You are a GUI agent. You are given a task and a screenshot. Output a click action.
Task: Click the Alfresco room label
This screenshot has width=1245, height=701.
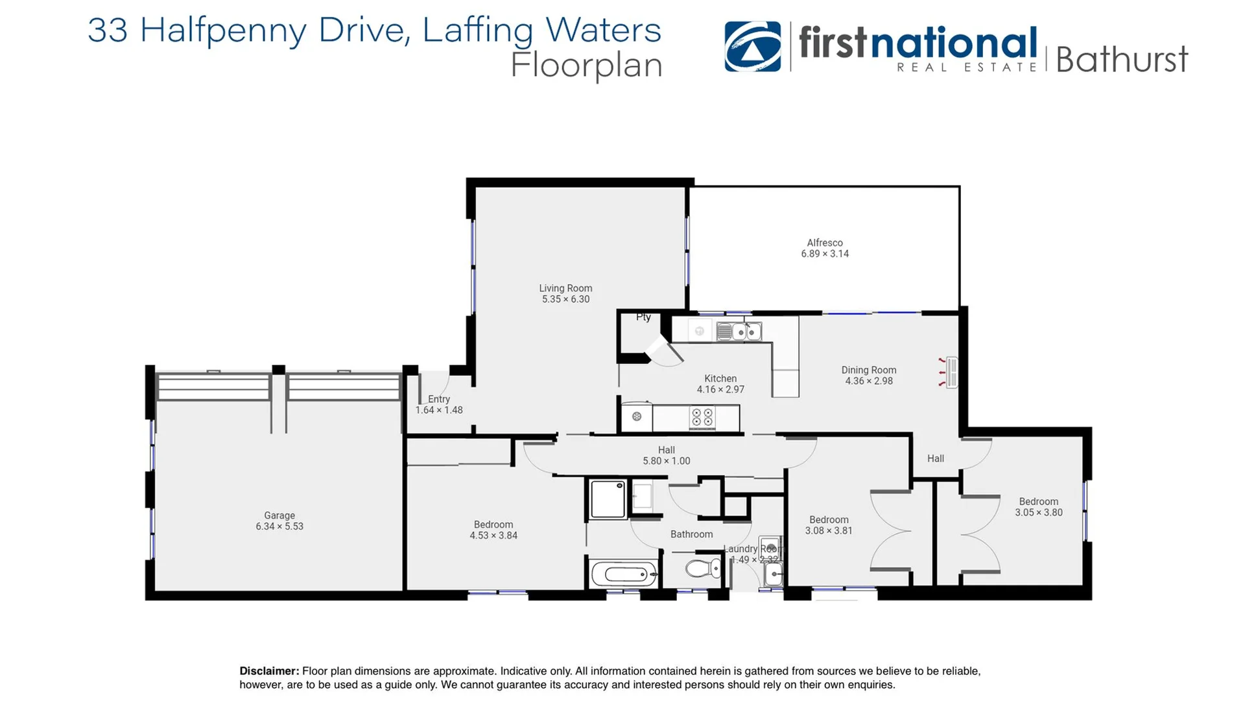coord(824,243)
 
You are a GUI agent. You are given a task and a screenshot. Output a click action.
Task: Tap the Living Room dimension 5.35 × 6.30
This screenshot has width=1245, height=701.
coord(565,299)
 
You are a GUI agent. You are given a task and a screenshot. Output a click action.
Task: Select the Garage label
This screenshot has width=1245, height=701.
coord(279,515)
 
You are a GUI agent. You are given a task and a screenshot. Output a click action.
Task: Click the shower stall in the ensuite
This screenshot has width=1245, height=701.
coord(608,499)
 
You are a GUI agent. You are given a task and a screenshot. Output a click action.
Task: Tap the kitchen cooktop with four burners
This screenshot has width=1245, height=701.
coord(702,417)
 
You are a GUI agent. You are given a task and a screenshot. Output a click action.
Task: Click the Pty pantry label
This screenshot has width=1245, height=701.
coord(643,317)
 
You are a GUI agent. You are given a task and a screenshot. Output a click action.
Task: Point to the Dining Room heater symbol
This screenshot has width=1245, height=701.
coord(951,373)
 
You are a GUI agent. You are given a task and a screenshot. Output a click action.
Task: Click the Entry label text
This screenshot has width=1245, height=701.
coord(439,399)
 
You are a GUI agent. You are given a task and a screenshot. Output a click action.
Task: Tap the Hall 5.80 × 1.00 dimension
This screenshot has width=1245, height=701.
coord(667,461)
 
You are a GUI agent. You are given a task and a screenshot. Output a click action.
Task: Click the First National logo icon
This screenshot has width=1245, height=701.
coord(752,46)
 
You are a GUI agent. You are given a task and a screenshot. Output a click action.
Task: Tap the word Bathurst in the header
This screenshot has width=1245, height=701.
coord(1122,60)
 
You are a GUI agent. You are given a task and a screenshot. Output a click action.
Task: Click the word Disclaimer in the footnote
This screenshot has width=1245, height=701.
coord(269,671)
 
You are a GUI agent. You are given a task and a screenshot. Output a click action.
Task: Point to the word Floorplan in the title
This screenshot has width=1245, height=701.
coord(586,66)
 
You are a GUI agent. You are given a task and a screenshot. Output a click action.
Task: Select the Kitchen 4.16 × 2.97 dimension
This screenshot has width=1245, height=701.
coord(720,389)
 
